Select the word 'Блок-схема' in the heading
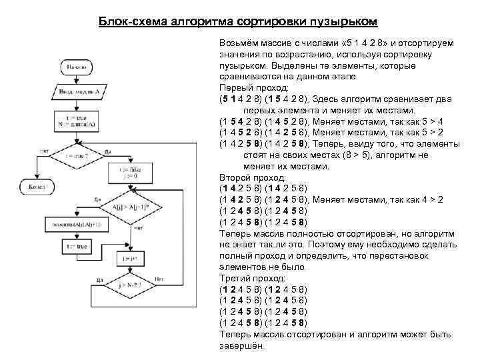(133, 22)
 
